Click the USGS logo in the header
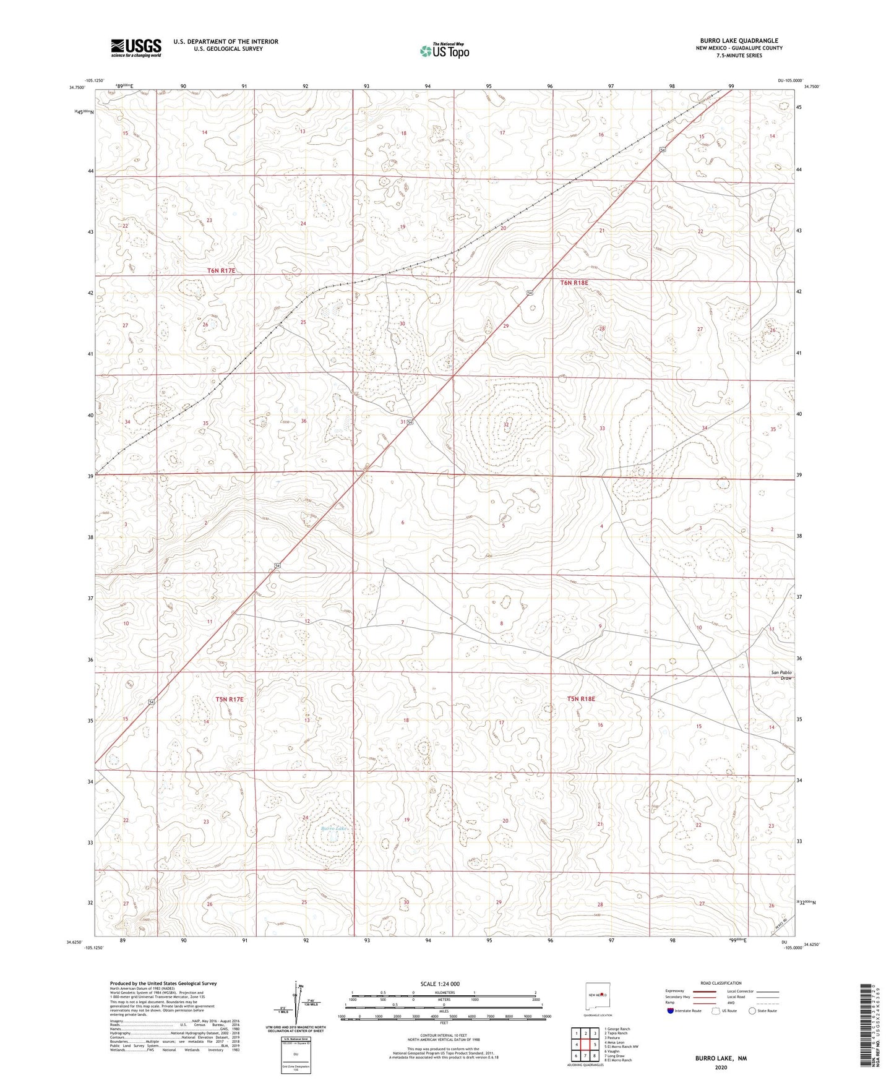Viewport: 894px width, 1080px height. coord(136,48)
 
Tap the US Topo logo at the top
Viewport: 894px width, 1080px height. coord(444,51)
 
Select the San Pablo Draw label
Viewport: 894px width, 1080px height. coord(781,675)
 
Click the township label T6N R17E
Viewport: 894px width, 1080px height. coord(221,271)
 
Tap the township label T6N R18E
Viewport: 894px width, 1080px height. coord(574,283)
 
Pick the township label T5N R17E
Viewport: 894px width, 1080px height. coord(230,699)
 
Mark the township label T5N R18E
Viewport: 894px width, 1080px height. coord(580,699)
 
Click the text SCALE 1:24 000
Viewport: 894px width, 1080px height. coord(439,984)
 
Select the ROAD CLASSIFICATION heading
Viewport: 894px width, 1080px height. coord(721,983)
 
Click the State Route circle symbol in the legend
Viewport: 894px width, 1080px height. coord(752,1011)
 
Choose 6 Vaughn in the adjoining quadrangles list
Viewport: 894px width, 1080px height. coord(614,1052)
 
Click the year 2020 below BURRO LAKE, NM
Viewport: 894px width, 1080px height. coord(721,1068)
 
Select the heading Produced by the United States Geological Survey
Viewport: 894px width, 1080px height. coord(163,983)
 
